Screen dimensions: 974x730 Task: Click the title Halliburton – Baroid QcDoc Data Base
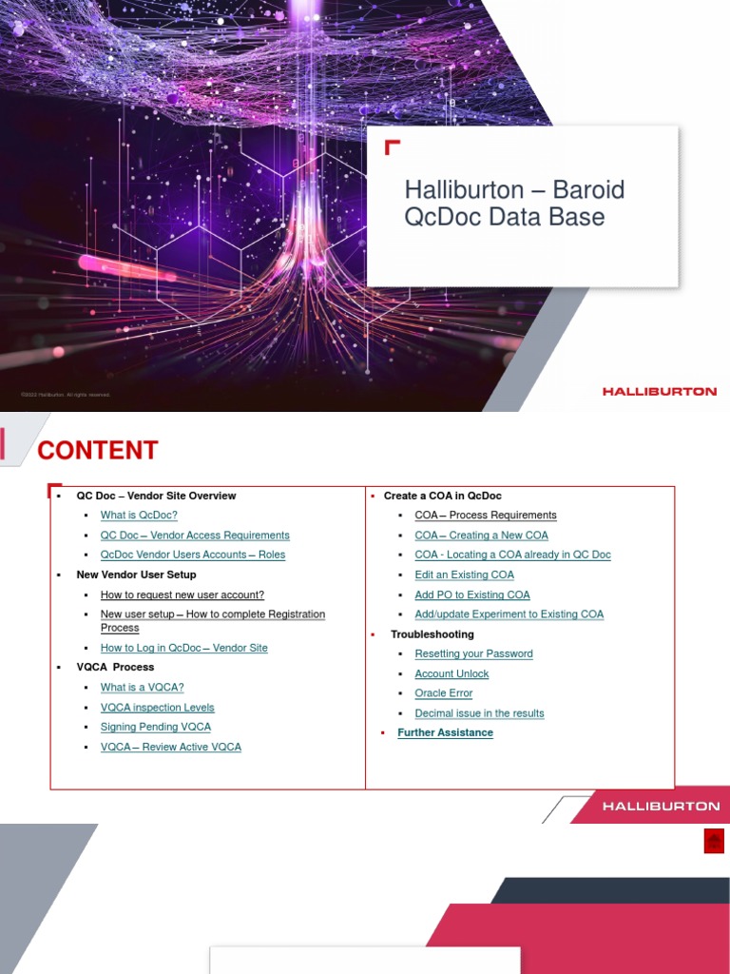tap(514, 203)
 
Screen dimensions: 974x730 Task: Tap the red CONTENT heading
tap(97, 450)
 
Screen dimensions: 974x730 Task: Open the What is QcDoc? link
tap(139, 516)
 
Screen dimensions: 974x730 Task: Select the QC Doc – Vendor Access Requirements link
tap(195, 536)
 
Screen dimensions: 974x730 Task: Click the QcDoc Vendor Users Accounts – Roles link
tap(193, 555)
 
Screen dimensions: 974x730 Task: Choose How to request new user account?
tap(182, 594)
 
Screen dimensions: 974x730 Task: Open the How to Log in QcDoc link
tap(184, 648)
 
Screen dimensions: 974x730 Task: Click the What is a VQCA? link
tap(143, 688)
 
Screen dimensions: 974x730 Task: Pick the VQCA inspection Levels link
tap(158, 708)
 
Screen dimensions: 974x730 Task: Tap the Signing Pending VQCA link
tap(156, 727)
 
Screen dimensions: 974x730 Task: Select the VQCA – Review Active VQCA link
tap(171, 747)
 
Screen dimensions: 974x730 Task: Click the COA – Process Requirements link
tap(486, 516)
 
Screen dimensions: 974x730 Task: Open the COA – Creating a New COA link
tap(482, 536)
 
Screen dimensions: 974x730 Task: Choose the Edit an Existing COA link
tap(465, 575)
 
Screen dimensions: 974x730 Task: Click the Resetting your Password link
tap(474, 653)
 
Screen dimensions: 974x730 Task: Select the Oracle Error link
tap(444, 693)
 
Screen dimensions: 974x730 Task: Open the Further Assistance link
tap(446, 732)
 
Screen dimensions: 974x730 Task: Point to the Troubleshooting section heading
tap(432, 634)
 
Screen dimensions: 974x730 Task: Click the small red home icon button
tap(714, 841)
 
